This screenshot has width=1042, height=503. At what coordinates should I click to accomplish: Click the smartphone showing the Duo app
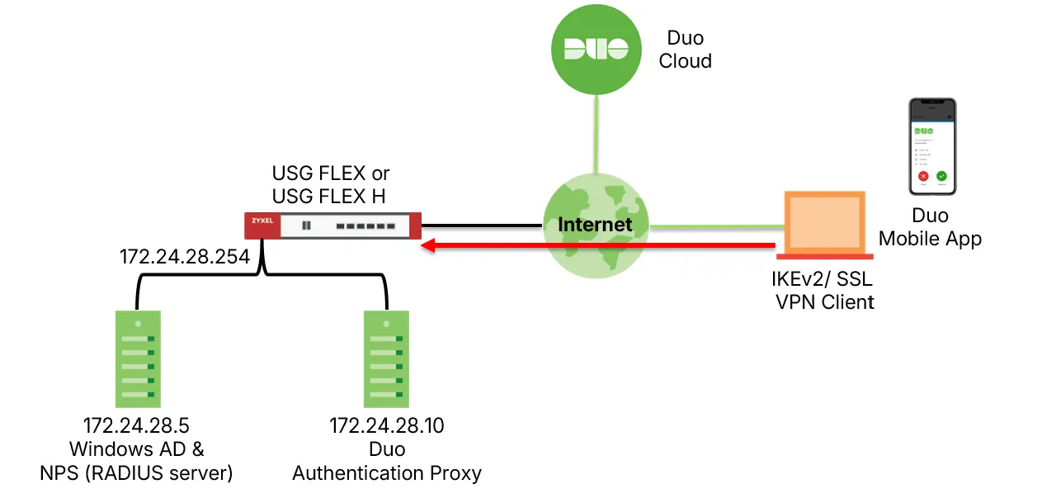pyautogui.click(x=932, y=147)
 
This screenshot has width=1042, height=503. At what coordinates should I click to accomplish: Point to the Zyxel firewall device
pyautogui.click(x=333, y=225)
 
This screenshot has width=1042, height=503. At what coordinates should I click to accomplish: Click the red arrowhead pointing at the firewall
pyautogui.click(x=427, y=245)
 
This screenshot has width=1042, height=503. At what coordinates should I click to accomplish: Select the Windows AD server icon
pyautogui.click(x=138, y=358)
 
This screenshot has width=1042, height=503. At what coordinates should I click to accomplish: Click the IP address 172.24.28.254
pyautogui.click(x=185, y=257)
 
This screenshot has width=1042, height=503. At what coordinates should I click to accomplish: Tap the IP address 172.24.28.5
pyautogui.click(x=137, y=426)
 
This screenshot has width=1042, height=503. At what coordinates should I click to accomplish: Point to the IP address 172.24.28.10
pyautogui.click(x=387, y=426)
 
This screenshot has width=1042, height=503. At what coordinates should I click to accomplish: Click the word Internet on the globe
pyautogui.click(x=595, y=224)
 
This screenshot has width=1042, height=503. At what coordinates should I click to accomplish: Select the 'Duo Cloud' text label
pyautogui.click(x=685, y=50)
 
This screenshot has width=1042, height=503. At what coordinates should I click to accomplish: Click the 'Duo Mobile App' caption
pyautogui.click(x=930, y=228)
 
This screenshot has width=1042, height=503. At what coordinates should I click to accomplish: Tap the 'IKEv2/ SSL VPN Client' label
pyautogui.click(x=824, y=291)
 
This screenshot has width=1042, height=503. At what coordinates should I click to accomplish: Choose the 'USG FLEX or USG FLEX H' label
pyautogui.click(x=331, y=185)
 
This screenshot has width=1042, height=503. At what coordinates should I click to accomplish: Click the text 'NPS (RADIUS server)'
pyautogui.click(x=137, y=473)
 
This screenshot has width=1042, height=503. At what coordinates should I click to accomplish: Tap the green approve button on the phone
pyautogui.click(x=941, y=176)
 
